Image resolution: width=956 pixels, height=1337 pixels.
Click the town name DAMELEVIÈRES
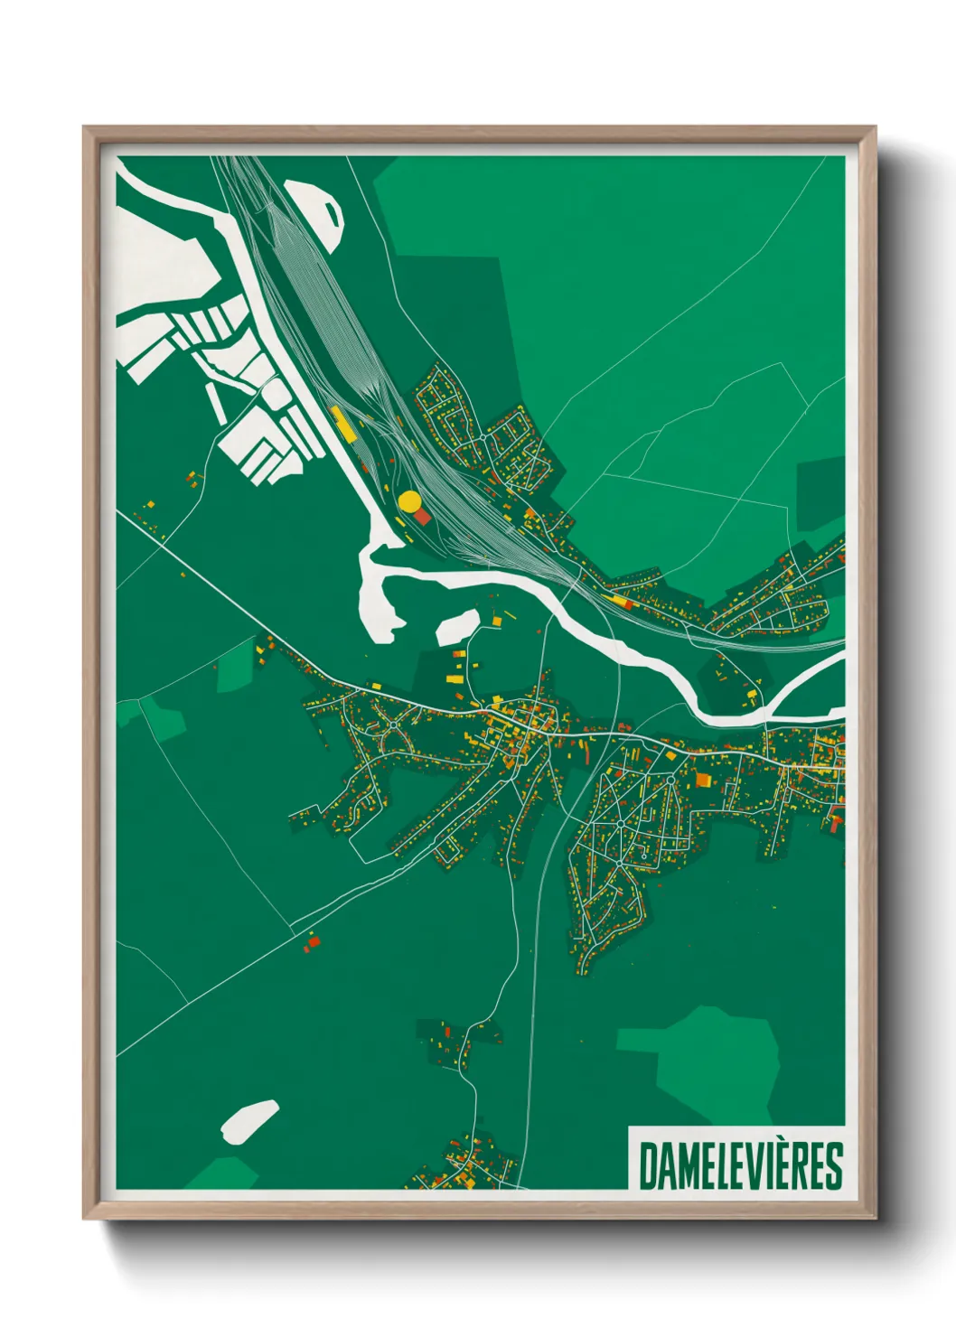click(x=740, y=1166)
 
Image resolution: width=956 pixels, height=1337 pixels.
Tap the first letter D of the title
click(x=648, y=1166)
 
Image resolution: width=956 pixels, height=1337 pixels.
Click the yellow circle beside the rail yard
click(x=409, y=501)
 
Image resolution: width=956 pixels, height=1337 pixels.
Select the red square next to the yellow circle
click(x=422, y=517)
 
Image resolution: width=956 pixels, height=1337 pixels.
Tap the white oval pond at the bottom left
click(x=248, y=1121)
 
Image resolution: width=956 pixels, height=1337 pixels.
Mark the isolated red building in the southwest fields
click(x=314, y=942)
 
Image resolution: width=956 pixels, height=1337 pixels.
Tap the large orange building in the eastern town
click(x=702, y=779)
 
